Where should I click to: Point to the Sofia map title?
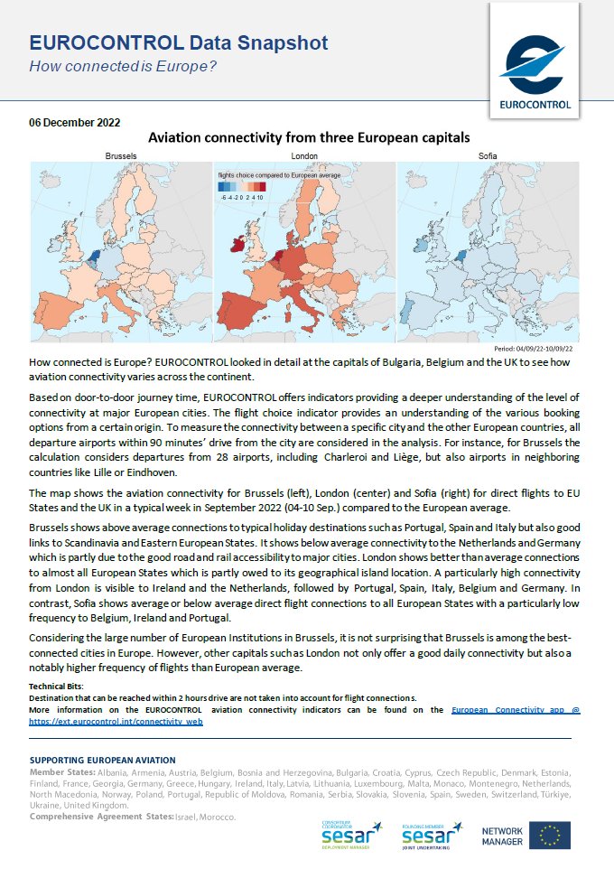pyautogui.click(x=488, y=156)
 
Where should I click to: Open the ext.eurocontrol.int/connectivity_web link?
pyautogui.click(x=116, y=722)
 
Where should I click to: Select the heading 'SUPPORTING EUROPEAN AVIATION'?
pyautogui.click(x=102, y=761)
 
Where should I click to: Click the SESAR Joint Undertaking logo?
pyautogui.click(x=433, y=836)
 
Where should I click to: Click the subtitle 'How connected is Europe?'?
pyautogui.click(x=123, y=67)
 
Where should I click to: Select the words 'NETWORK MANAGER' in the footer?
pyautogui.click(x=501, y=836)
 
